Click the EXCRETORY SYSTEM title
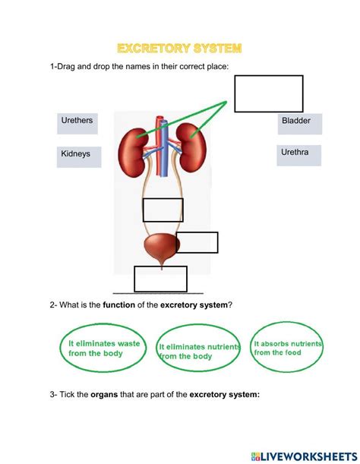point(180,49)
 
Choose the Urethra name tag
point(299,156)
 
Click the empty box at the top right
point(268,94)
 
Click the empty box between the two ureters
point(163,210)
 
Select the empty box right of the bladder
point(197,242)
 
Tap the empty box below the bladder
point(160,279)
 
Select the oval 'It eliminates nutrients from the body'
point(199,351)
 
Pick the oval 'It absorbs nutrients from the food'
point(287,348)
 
